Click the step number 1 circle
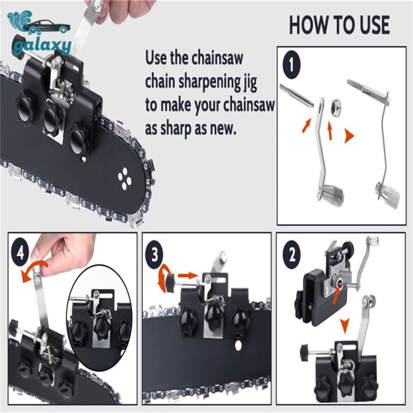point(291,64)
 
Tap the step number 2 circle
point(292,255)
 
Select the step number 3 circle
point(154,255)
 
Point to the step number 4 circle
point(20,254)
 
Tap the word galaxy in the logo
point(43,48)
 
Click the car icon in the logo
point(49,27)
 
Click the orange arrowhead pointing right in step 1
point(349,137)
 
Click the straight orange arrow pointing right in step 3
point(187,276)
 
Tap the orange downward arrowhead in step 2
point(344,325)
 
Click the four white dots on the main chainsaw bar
point(125,179)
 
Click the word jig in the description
point(249,83)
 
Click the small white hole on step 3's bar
point(239,344)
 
